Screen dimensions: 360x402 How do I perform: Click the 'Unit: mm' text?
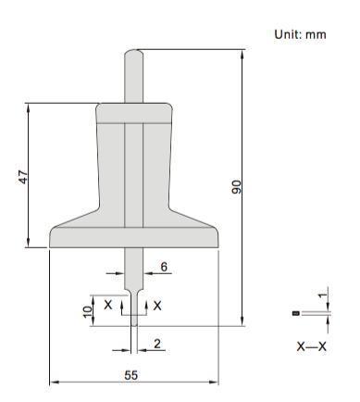(x=300, y=34)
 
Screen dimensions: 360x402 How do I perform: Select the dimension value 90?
(x=237, y=187)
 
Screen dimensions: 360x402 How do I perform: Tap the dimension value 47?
(x=23, y=177)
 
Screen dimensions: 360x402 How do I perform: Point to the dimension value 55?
(x=131, y=375)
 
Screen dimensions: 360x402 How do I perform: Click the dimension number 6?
(x=164, y=267)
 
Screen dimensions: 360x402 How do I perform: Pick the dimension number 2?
(x=157, y=344)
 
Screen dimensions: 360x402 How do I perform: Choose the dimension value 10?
(x=88, y=311)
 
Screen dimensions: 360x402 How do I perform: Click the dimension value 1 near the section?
(x=322, y=295)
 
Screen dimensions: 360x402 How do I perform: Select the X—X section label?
(x=311, y=346)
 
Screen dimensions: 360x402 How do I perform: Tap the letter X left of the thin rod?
(x=108, y=305)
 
